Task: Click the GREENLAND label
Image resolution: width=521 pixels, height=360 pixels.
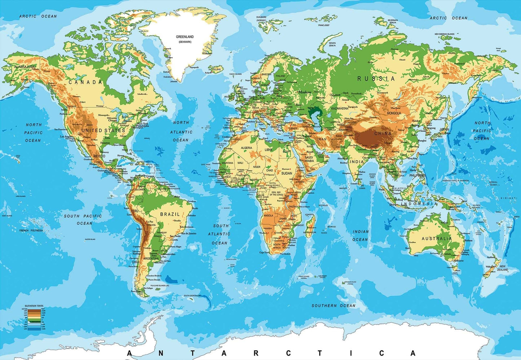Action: coord(185,37)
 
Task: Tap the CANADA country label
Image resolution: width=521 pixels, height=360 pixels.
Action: coord(85,82)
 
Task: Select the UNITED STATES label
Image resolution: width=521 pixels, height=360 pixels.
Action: coord(103,130)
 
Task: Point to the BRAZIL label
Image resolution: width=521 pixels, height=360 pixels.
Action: coord(170,214)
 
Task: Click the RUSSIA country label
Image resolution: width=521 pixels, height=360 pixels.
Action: coord(376,79)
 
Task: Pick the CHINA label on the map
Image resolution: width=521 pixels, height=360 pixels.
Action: coord(383,133)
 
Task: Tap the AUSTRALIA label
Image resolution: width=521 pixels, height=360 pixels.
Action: coord(437,238)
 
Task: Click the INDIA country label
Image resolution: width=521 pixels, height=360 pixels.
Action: coord(357,162)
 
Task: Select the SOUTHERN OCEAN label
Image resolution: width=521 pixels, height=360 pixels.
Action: coord(334,306)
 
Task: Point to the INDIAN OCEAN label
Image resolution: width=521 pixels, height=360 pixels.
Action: coord(361,236)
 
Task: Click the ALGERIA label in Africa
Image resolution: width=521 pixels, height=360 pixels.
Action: coord(247,148)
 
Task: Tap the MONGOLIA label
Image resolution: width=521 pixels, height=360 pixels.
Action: coord(394,113)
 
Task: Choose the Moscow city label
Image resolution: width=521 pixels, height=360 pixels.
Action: coord(305,92)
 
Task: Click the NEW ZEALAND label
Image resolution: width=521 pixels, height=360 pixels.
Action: coord(502,268)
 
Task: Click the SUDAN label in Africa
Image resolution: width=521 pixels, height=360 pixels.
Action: coord(287,174)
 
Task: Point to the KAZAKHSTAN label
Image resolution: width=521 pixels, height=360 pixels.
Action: coord(340,108)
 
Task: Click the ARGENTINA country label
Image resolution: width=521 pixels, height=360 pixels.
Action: coord(151,259)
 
